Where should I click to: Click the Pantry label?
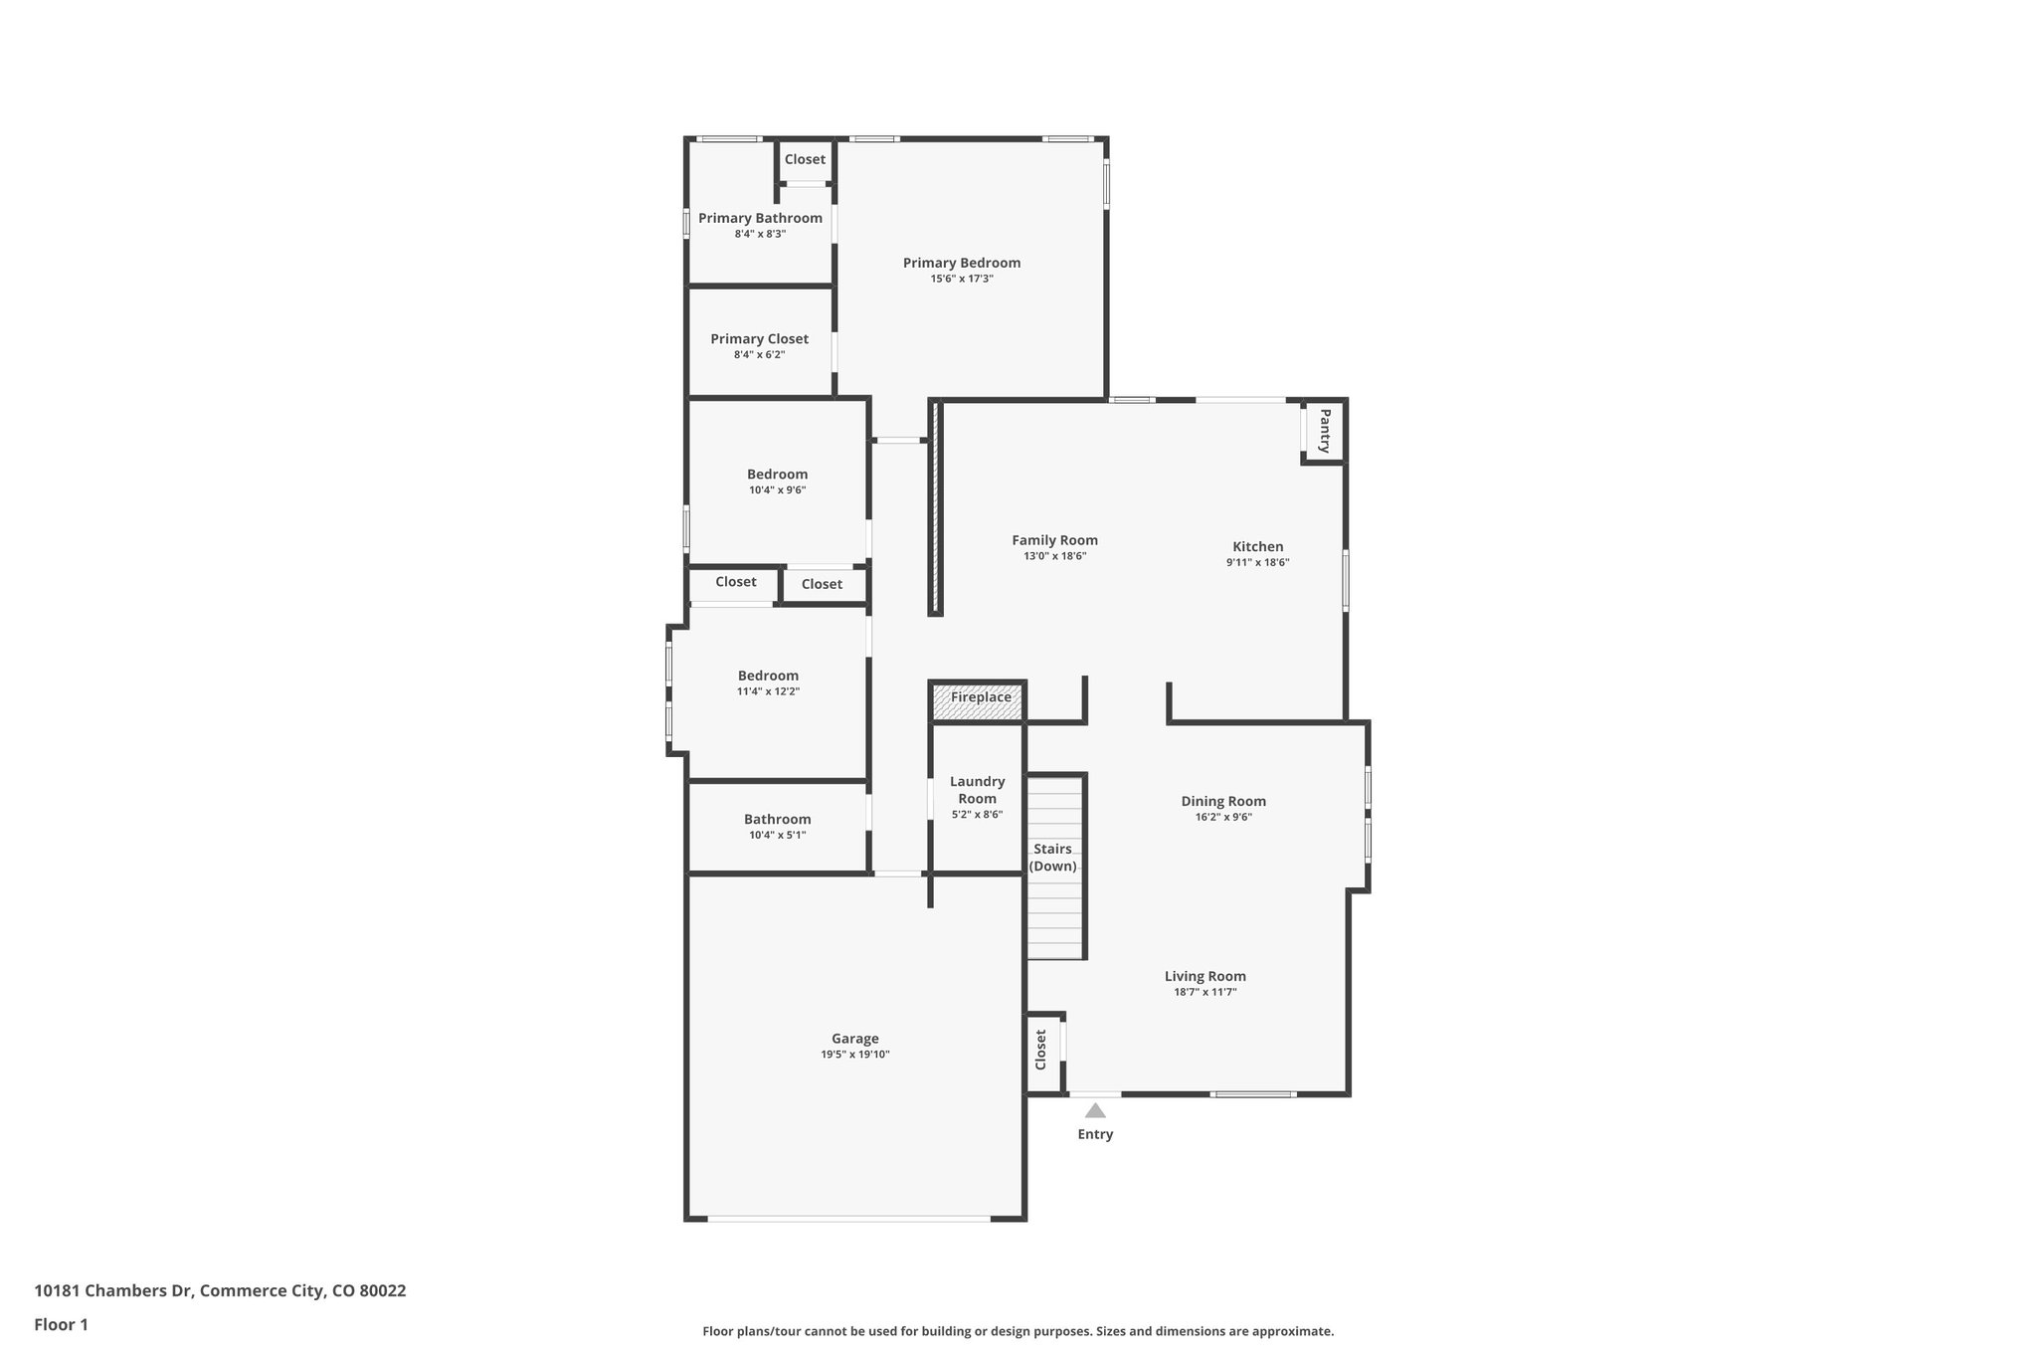pos(1324,431)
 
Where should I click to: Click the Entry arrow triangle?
pos(1095,1111)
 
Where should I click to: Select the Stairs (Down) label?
pos(1052,858)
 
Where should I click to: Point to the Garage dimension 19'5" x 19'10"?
pos(854,1055)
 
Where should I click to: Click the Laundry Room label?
pos(977,790)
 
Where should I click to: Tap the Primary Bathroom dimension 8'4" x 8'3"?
pos(760,235)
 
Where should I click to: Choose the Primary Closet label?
pos(759,339)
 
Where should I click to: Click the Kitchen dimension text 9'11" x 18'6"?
pos(1257,563)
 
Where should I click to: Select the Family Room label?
pos(1054,540)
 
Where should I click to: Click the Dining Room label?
pos(1222,801)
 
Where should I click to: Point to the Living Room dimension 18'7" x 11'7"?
pos(1204,993)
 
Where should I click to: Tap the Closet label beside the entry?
pos(1041,1050)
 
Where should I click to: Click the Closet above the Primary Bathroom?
pos(805,159)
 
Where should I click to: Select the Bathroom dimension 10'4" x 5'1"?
pos(777,836)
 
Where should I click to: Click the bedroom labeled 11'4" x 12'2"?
pos(768,677)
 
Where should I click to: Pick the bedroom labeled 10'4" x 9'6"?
pos(777,475)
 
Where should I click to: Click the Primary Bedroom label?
pos(961,263)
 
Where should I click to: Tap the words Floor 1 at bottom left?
pos(61,1324)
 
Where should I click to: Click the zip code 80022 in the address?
pos(382,1291)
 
